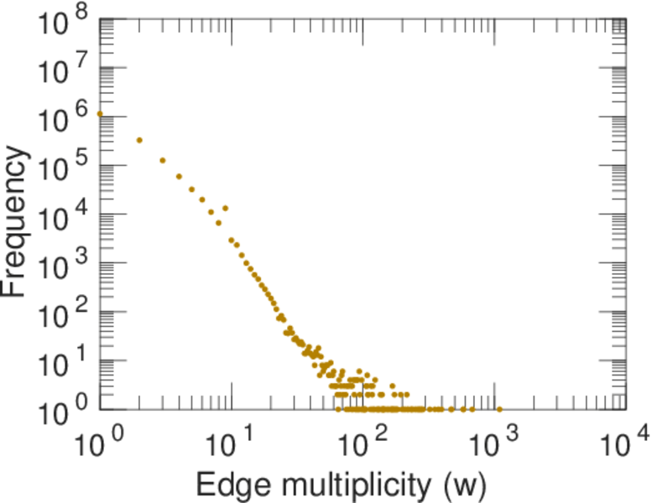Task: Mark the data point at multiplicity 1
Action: [100, 114]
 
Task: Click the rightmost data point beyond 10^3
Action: [499, 409]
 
